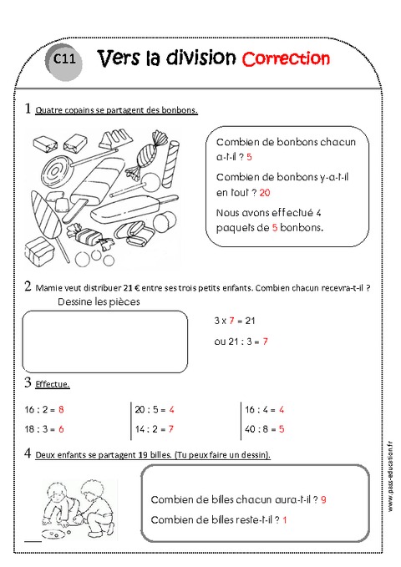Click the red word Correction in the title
coord(286,58)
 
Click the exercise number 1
coord(28,109)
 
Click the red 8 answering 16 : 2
coord(62,410)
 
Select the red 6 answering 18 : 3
coord(62,428)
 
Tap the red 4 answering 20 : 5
coord(171,410)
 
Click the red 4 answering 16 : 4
coord(282,410)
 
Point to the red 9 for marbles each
coord(322,499)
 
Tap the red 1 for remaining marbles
coord(286,520)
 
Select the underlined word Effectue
coord(53,385)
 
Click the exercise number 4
coord(28,454)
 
